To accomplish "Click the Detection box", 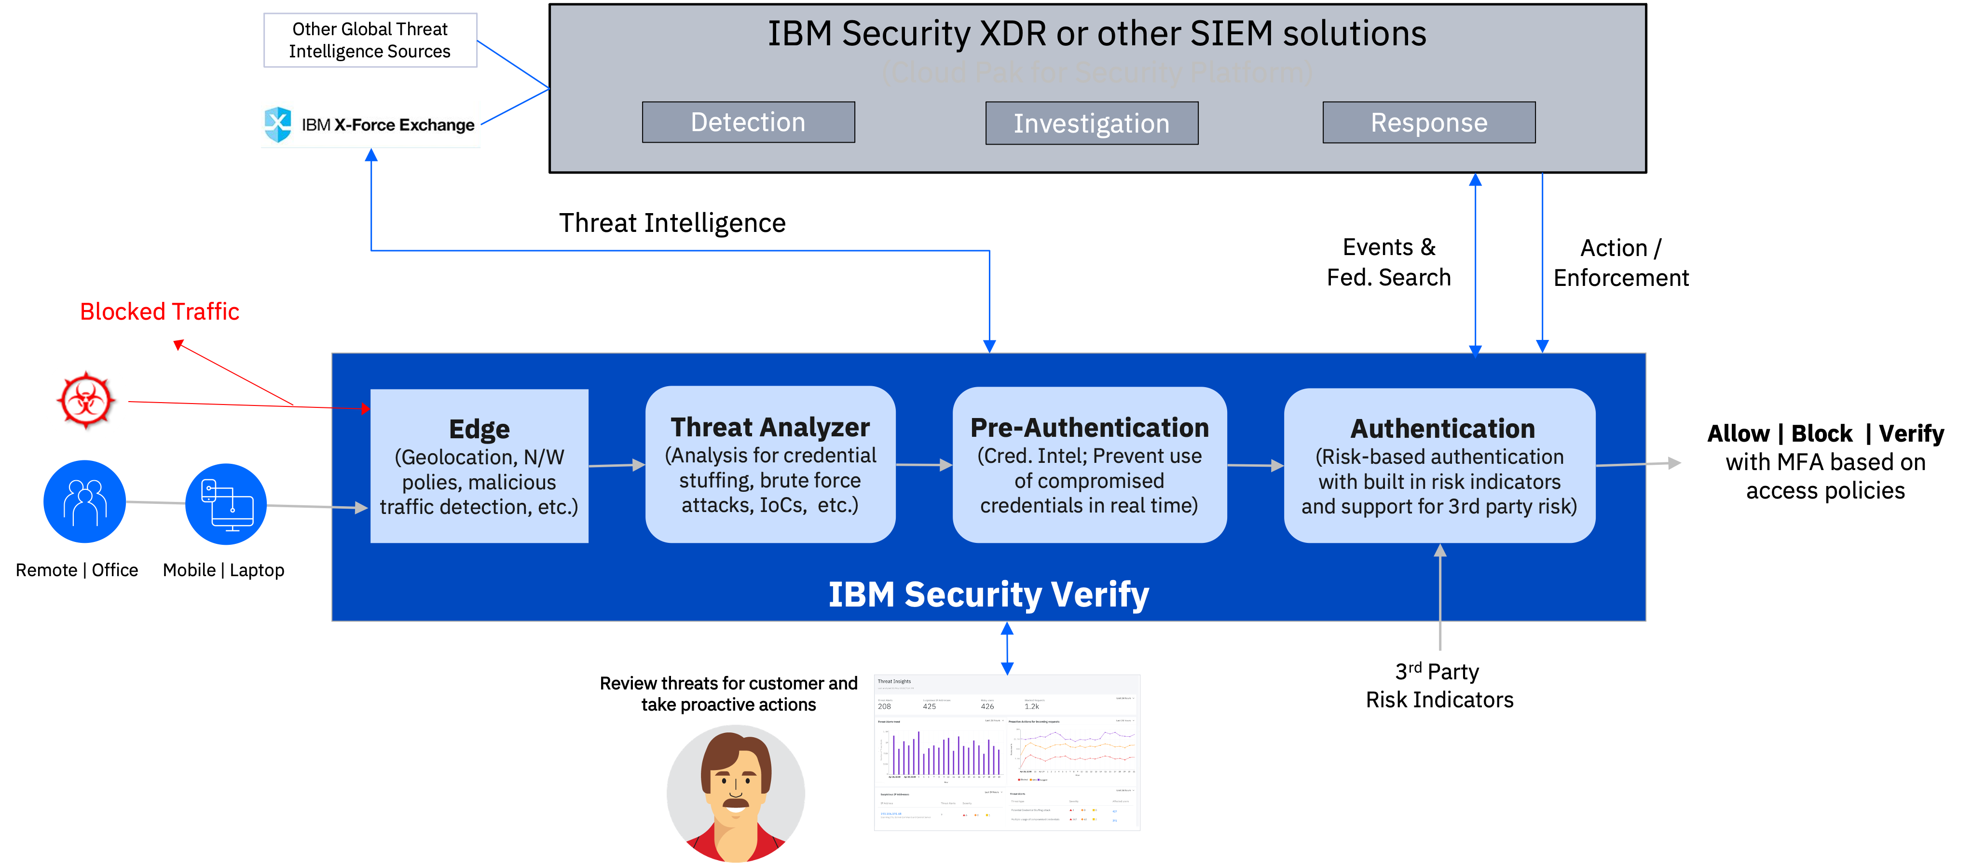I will [x=748, y=122].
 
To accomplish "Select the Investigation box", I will [x=1091, y=123].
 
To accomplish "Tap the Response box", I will [x=1428, y=122].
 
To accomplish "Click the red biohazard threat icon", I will [x=86, y=400].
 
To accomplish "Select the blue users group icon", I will [x=85, y=501].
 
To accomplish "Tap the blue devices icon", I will [x=226, y=503].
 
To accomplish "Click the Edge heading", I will [x=479, y=429].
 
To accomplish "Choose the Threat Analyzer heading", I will [x=770, y=427].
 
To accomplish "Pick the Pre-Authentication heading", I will [x=1089, y=428].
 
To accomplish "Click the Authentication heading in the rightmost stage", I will [x=1442, y=429].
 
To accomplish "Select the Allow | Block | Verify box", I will [x=1825, y=462].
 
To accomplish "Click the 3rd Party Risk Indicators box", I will [x=1439, y=686].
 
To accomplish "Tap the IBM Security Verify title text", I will [x=988, y=594].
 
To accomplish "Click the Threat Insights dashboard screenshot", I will [x=1007, y=752].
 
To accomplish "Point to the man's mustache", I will [x=736, y=804].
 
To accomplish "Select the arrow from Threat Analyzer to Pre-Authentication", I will [x=924, y=464].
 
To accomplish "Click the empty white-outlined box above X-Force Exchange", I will [x=370, y=40].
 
